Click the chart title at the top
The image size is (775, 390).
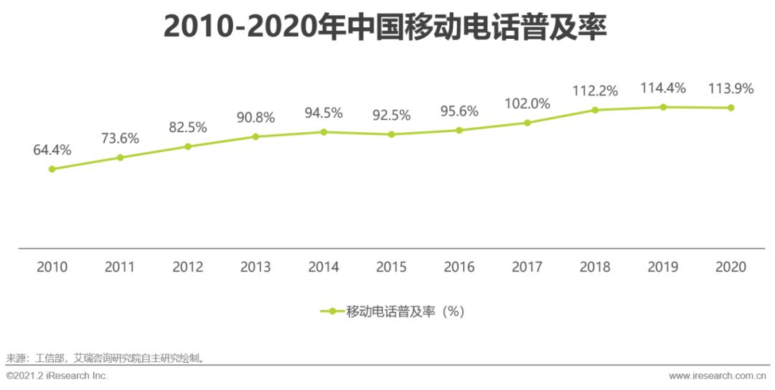click(x=385, y=27)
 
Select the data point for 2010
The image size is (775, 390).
click(x=52, y=169)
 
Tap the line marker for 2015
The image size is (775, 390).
click(x=391, y=134)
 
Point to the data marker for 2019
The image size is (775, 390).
click(x=663, y=107)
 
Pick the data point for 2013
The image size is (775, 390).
click(x=255, y=136)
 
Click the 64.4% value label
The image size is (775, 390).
click(x=52, y=150)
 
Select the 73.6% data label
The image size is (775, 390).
click(x=120, y=139)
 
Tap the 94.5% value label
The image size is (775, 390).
click(x=324, y=113)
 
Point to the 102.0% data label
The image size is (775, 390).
click(x=527, y=103)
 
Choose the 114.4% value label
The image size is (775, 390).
click(x=663, y=88)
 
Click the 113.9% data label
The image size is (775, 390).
click(x=731, y=88)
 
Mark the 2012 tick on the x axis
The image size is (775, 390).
click(x=188, y=267)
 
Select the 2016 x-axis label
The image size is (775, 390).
click(x=459, y=267)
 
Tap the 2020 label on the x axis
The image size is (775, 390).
click(x=731, y=267)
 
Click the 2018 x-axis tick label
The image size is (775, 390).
click(x=595, y=267)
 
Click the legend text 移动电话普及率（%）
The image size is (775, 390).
click(x=406, y=312)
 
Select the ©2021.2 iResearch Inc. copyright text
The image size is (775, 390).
click(x=57, y=376)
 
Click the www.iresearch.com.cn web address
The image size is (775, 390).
click(x=717, y=376)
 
